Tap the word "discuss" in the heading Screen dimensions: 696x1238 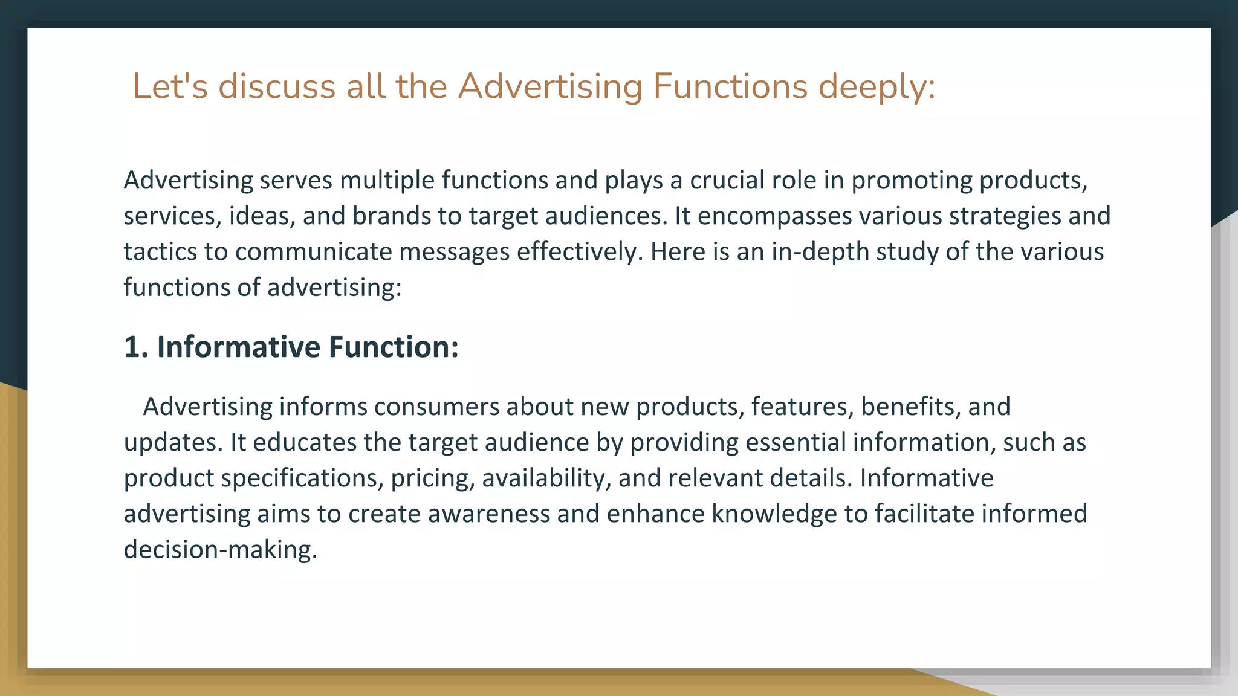tap(276, 86)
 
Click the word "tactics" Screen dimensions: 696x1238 tap(160, 251)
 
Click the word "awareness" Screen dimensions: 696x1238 tap(489, 514)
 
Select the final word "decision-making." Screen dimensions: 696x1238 tap(221, 549)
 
